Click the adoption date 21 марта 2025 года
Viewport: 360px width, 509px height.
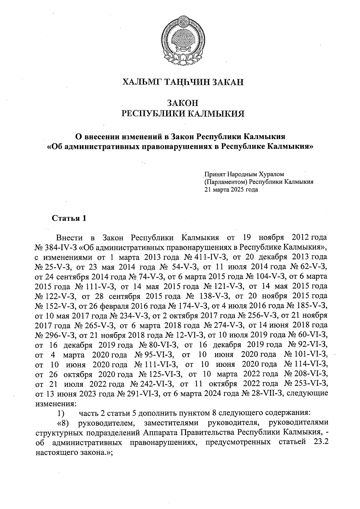[231, 190]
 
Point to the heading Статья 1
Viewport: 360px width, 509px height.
[69, 218]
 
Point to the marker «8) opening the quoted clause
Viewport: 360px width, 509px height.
[63, 423]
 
